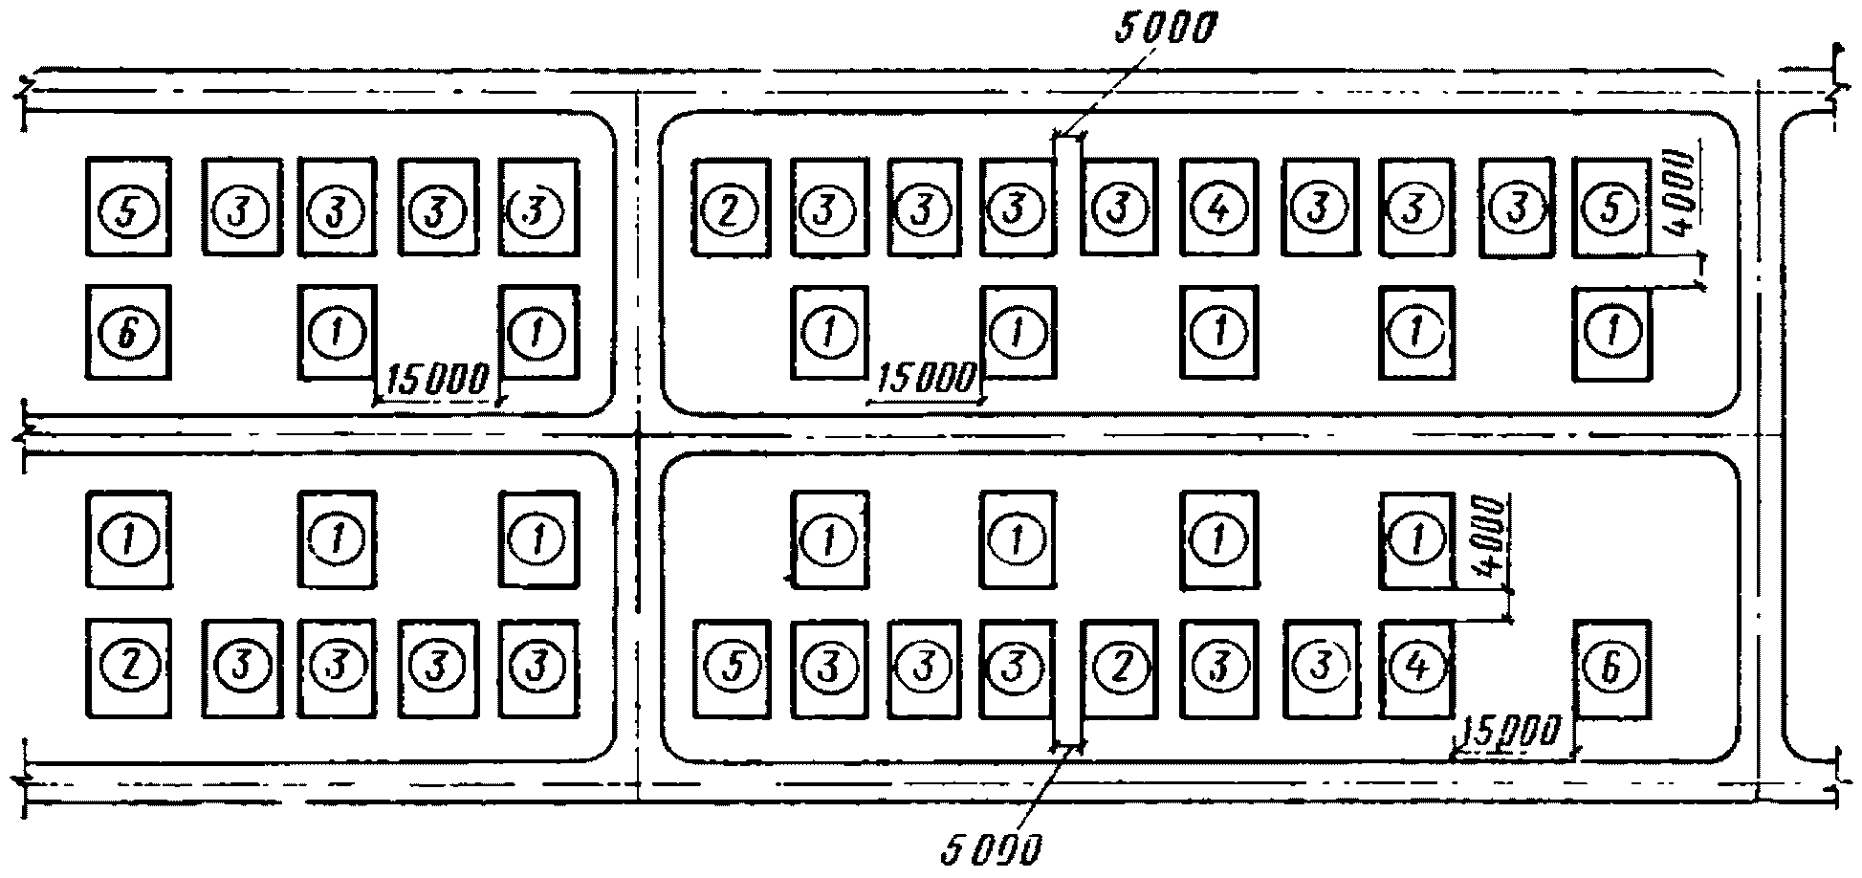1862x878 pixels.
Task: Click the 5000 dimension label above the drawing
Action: [x=1164, y=30]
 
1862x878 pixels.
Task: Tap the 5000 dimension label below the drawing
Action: [x=991, y=849]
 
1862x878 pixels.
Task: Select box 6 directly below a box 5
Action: [x=129, y=332]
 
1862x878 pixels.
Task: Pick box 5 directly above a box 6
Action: [x=129, y=208]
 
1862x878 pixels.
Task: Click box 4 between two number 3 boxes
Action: [x=1219, y=208]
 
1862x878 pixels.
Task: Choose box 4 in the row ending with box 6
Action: [x=1417, y=667]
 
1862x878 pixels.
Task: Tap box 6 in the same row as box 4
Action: [x=1611, y=667]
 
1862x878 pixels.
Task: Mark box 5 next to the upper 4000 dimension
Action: [x=1611, y=208]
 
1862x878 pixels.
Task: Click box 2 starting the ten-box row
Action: [x=732, y=208]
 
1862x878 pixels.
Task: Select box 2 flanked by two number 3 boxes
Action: [x=1119, y=667]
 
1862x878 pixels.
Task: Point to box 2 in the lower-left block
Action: [x=129, y=667]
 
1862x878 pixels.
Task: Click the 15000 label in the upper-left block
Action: [x=437, y=380]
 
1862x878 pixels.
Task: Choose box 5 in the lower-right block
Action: [x=732, y=667]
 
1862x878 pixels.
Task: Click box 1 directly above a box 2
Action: [x=129, y=539]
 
